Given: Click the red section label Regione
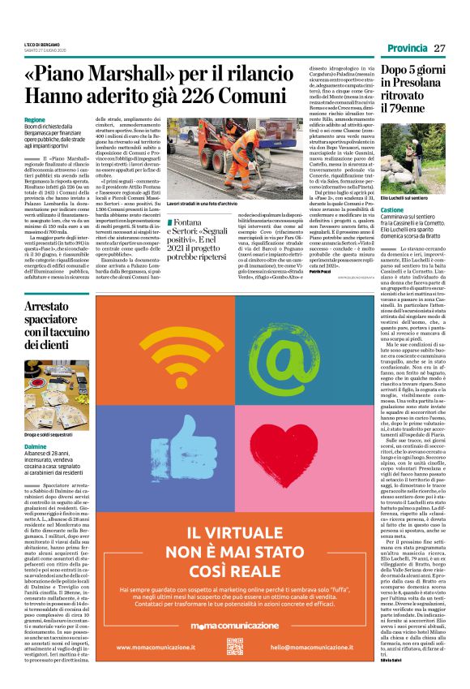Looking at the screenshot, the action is (35, 119).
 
